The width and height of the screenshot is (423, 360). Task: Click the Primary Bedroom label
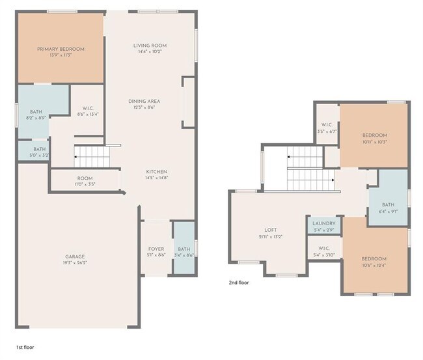tap(61, 49)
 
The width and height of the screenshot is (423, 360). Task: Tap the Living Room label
tap(150, 46)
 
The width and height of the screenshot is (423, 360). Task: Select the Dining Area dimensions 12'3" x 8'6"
tap(144, 107)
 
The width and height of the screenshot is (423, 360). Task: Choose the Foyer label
tap(156, 249)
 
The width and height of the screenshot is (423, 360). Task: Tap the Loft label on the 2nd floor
tap(270, 230)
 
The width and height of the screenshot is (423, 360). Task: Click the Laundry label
tap(324, 223)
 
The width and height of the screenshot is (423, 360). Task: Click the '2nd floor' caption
tap(238, 283)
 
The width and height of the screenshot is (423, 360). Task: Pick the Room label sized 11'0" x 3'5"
tap(85, 178)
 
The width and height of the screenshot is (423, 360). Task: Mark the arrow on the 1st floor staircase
tap(77, 157)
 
